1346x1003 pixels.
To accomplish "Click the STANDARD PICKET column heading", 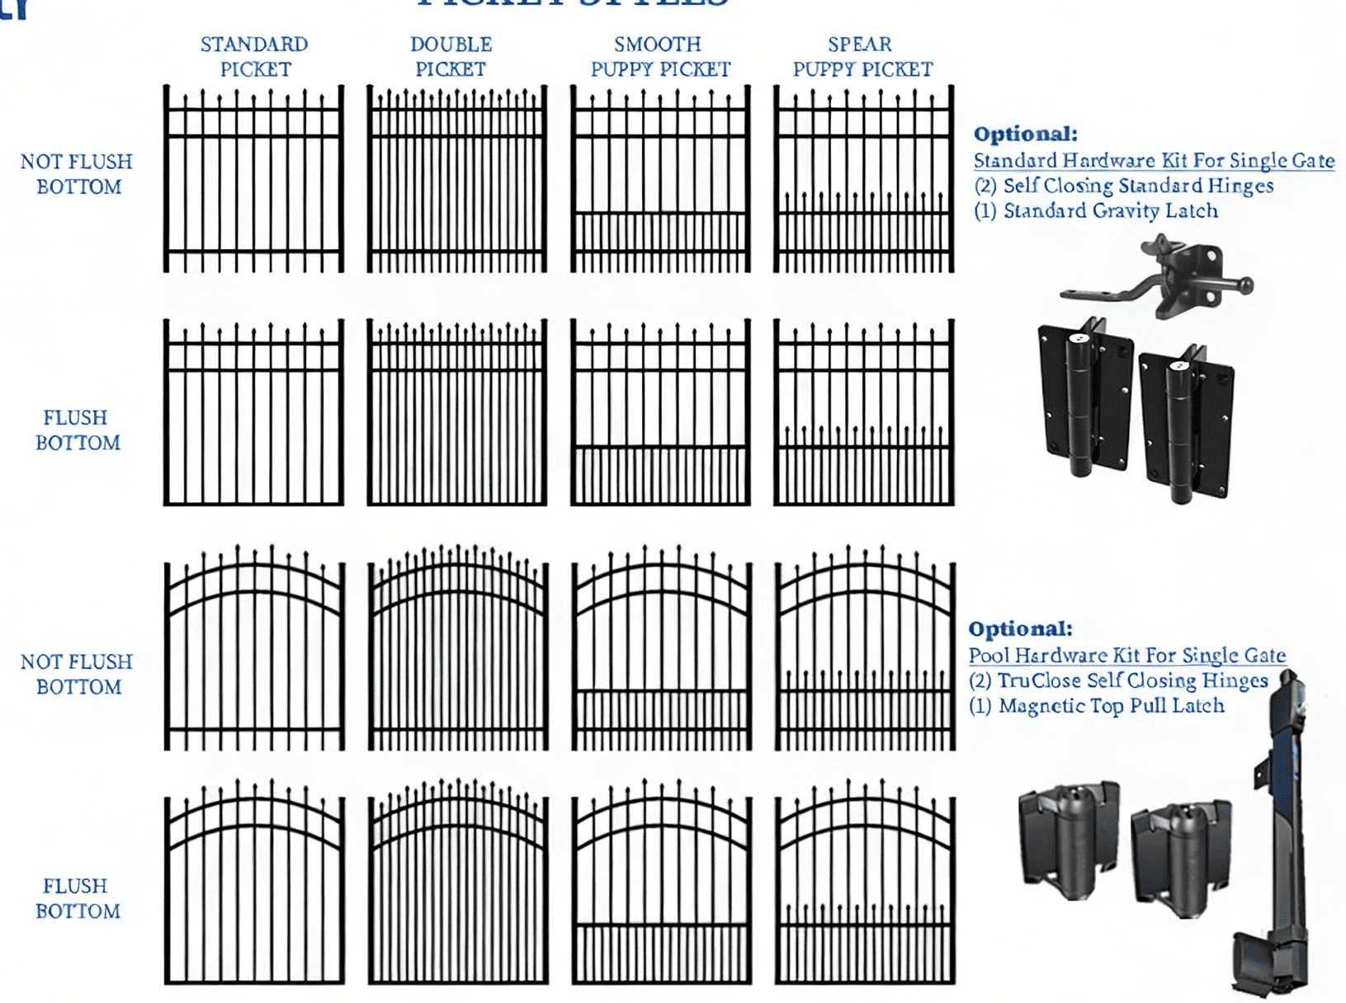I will coord(254,56).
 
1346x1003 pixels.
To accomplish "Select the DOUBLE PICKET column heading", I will coord(451,56).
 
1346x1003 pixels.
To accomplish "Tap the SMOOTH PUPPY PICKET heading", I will coord(660,56).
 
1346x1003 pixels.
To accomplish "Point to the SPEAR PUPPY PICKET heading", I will coord(862,56).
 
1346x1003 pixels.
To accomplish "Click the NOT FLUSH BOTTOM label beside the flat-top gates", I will coord(77,174).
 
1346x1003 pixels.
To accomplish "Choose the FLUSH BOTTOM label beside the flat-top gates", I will coord(77,430).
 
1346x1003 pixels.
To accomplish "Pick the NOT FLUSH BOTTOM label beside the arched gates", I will coord(77,674).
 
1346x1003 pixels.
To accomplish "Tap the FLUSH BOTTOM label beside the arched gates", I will coord(77,898).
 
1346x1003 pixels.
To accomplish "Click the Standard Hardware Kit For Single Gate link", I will coord(1154,160).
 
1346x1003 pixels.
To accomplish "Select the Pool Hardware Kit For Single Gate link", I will coord(1126,655).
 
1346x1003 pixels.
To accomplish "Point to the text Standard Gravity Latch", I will coord(1110,211).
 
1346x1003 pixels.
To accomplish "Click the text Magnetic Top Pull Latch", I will coord(1111,706).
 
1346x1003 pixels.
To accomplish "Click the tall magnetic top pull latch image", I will coord(1279,833).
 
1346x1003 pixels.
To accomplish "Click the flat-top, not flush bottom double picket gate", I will coord(456,179).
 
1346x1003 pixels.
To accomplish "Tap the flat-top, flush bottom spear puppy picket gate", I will coord(864,412).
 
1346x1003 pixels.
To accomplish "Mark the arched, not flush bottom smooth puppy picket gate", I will coord(661,648).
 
